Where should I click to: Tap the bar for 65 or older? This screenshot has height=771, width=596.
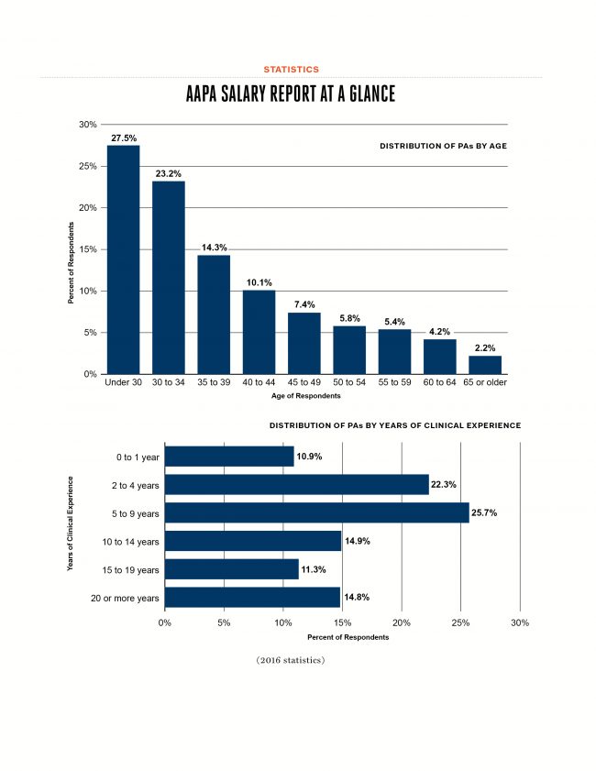pos(485,365)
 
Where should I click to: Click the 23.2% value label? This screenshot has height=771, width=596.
pos(169,172)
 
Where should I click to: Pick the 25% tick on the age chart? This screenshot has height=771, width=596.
pos(86,166)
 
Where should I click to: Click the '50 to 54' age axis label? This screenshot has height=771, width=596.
pos(349,381)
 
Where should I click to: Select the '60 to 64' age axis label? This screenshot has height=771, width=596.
pos(439,381)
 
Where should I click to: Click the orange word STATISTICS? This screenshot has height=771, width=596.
pos(292,70)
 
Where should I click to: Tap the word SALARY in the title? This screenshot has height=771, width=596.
pos(259,95)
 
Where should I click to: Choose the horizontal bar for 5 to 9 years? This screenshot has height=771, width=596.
pos(316,512)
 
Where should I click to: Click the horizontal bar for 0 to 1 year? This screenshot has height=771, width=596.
pos(229,456)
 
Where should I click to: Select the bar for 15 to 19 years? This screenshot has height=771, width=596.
pos(231,569)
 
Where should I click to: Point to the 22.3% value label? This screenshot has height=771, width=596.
pos(446,484)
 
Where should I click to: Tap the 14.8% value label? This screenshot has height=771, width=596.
pos(357,598)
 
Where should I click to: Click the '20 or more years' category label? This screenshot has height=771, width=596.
pos(126,598)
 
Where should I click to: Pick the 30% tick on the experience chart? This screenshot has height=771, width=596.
pos(520,623)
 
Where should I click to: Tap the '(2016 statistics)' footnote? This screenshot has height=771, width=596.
pos(291,660)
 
